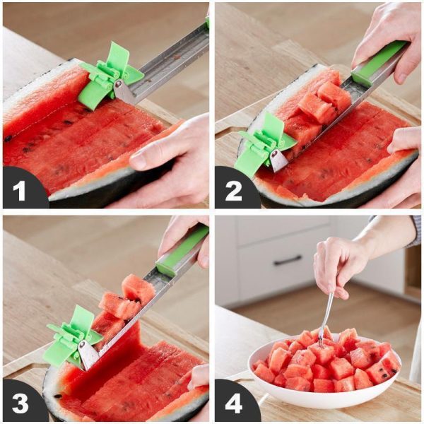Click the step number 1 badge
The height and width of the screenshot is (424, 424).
click(x=19, y=189)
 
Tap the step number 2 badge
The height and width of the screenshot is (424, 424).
click(x=233, y=189)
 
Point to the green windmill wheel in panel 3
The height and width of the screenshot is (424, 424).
click(x=71, y=336)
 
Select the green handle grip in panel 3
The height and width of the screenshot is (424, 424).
click(x=182, y=251)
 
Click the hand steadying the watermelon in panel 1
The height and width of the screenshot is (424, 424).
click(x=173, y=159)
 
